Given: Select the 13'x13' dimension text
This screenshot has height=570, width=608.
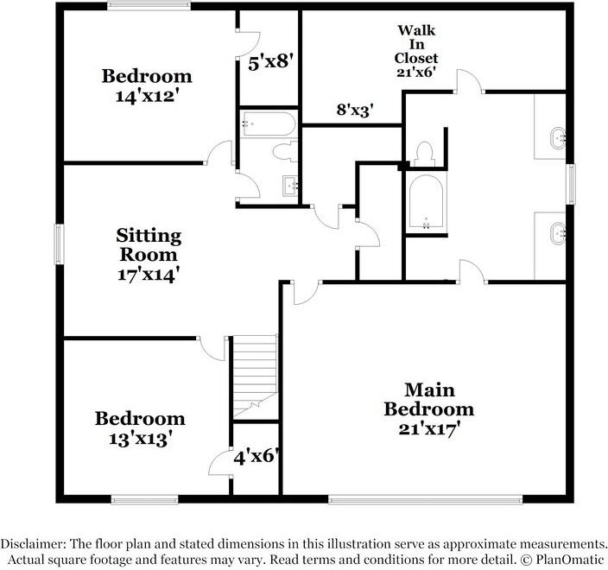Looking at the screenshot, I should (x=140, y=438).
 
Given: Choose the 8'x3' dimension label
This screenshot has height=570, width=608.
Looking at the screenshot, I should (x=354, y=110).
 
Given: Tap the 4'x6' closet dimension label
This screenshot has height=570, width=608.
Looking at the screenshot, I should (x=256, y=456).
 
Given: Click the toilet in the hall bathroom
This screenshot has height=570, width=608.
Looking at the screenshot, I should (x=283, y=154).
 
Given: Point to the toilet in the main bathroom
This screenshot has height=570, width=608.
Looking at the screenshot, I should (x=423, y=154).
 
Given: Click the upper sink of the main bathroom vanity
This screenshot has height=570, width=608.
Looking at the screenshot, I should (x=558, y=136).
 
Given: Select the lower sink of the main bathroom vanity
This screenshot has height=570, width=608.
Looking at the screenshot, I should (x=558, y=231).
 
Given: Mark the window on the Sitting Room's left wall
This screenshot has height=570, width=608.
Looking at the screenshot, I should (x=59, y=244).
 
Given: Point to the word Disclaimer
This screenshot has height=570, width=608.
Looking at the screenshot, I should (x=31, y=544).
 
